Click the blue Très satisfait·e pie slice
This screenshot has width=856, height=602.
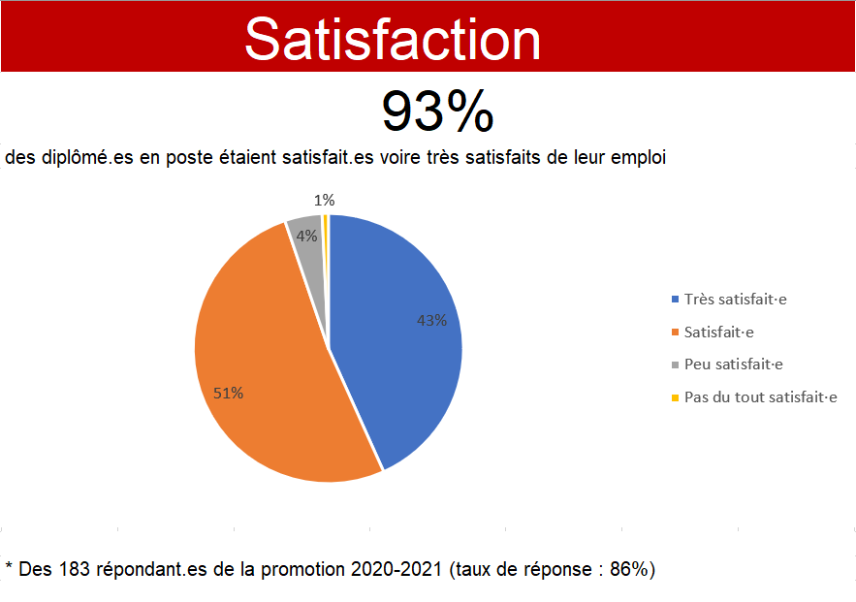(x=398, y=338)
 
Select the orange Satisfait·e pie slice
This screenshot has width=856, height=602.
(x=262, y=361)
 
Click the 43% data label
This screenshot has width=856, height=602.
(x=431, y=320)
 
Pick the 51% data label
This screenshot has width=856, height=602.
(x=228, y=393)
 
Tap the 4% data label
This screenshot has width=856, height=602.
(x=306, y=236)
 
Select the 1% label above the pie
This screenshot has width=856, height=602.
(x=325, y=201)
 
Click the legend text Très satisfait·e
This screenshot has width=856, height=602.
(x=736, y=300)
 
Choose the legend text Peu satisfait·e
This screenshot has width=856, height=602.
(x=734, y=364)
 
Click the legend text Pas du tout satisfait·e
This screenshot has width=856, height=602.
(x=760, y=396)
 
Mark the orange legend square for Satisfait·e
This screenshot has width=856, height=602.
(x=676, y=332)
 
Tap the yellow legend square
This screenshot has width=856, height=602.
(x=676, y=397)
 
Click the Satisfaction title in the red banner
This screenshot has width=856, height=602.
(x=393, y=40)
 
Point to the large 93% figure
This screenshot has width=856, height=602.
(x=438, y=111)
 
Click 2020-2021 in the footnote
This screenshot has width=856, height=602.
(x=396, y=569)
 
